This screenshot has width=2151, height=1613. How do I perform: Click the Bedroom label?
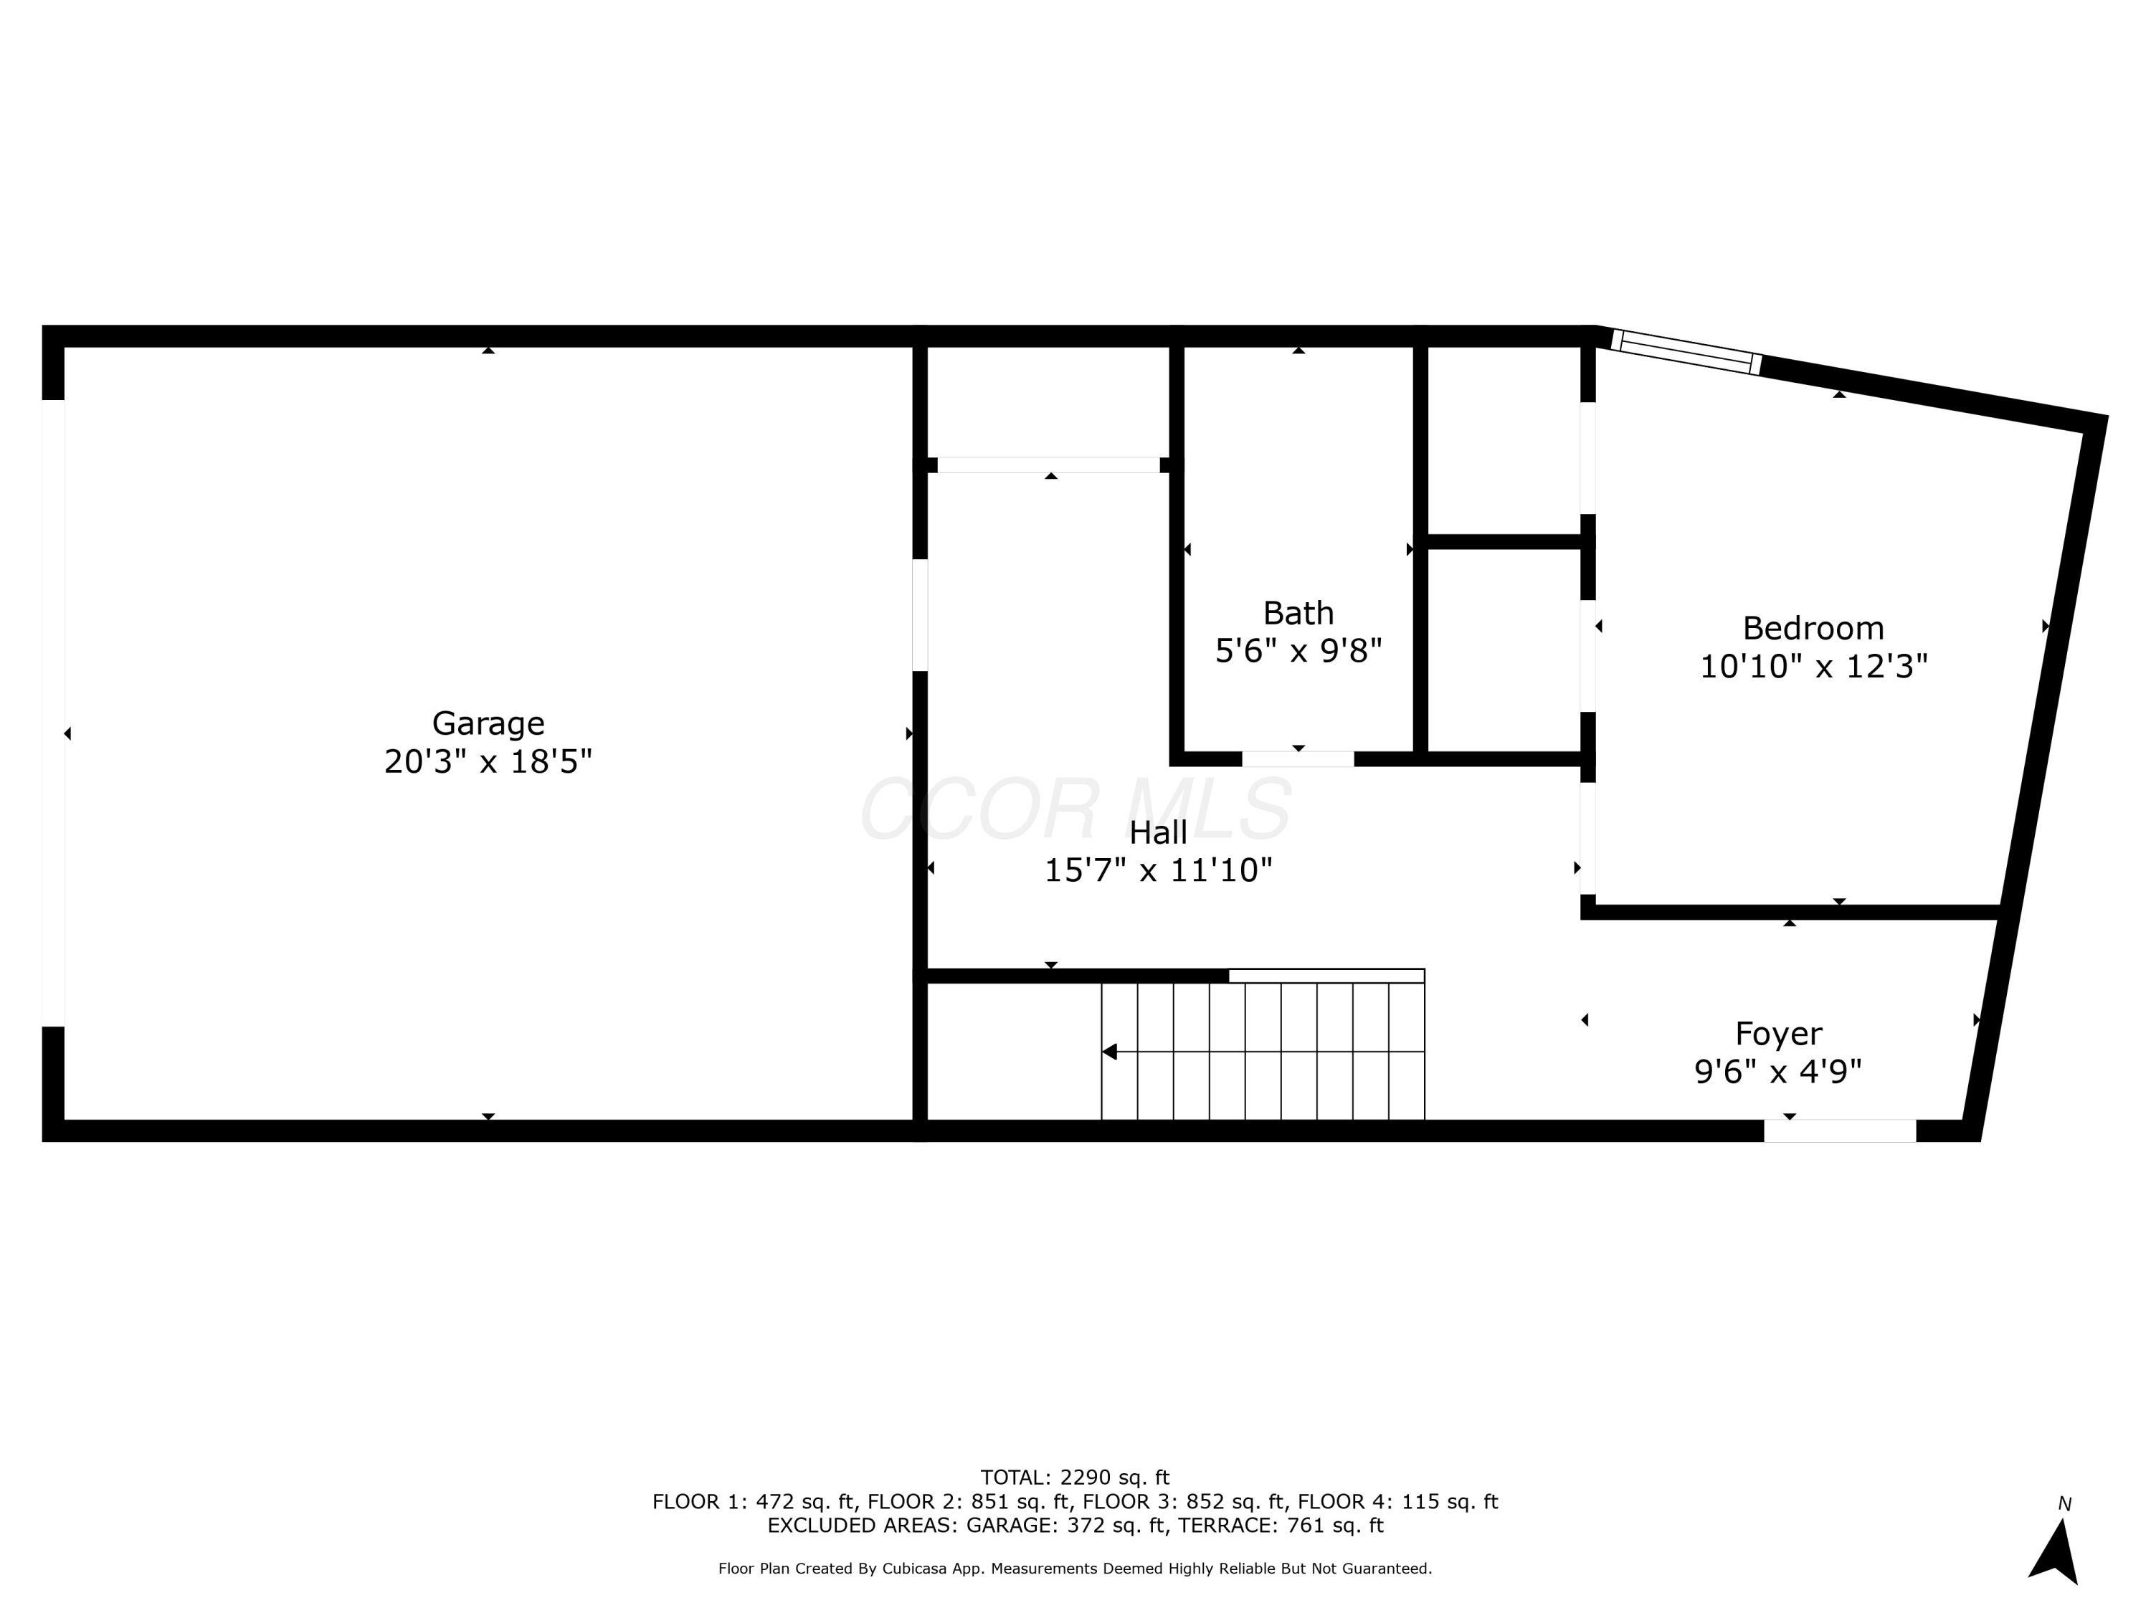(1812, 627)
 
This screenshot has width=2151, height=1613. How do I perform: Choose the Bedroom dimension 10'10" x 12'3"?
(1813, 666)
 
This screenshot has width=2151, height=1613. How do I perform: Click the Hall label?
(1157, 832)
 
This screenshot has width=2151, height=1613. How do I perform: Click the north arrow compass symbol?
(2055, 1551)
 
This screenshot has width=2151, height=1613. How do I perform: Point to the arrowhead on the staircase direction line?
(1109, 1052)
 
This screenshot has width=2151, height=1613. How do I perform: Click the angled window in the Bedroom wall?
(1686, 352)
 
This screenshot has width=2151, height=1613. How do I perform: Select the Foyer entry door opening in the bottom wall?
(1839, 1131)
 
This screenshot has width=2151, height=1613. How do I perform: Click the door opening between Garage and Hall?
(919, 614)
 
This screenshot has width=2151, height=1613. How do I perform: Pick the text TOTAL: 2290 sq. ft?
(1075, 1478)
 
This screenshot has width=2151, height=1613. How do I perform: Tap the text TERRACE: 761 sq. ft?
(1280, 1525)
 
